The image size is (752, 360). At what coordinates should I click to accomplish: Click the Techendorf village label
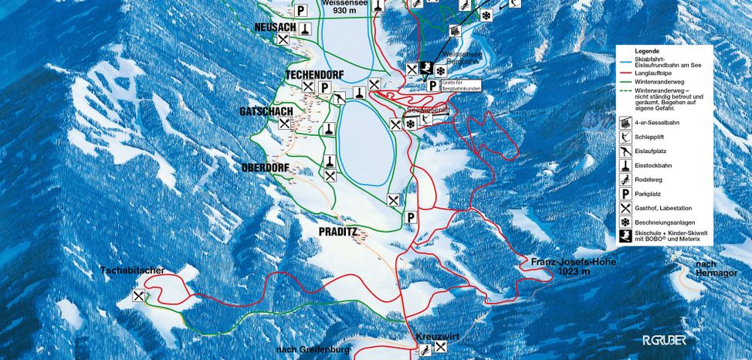coord(314,75)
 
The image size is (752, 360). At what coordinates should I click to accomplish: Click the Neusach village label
coord(275,27)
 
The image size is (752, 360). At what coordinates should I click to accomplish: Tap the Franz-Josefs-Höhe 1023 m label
coord(571,267)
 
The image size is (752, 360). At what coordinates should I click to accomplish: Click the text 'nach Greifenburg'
coord(308,350)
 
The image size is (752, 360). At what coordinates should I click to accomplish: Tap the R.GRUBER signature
coord(664,339)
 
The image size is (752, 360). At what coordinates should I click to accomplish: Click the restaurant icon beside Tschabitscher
coord(139,296)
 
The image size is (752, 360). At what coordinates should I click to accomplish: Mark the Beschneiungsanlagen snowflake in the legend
coord(624,222)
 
